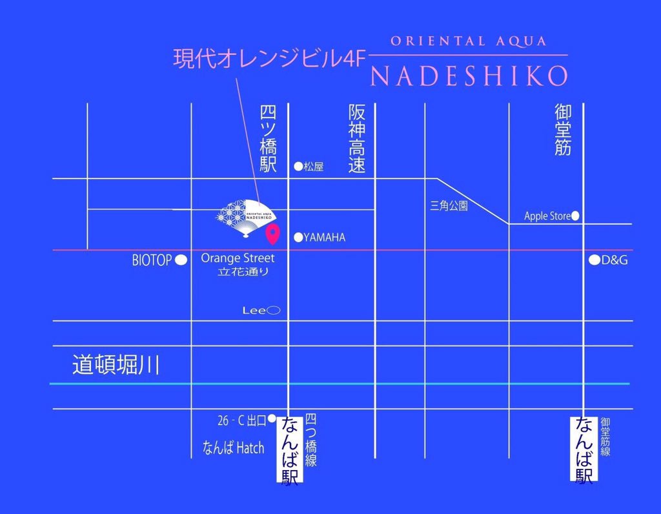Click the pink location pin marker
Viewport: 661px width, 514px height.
273,234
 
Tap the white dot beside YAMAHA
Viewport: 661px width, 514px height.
298,237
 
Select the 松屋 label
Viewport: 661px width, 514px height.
313,167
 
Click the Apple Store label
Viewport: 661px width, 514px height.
547,216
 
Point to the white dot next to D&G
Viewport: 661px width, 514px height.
595,261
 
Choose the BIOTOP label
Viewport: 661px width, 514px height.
152,260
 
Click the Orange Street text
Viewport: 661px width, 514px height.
238,258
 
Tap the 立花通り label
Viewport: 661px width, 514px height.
244,272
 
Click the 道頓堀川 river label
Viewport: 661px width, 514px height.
116,365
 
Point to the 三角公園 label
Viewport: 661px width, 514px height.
449,207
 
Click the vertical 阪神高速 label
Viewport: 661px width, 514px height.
357,139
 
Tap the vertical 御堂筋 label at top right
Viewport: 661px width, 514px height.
563,130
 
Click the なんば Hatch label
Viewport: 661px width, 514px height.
233,447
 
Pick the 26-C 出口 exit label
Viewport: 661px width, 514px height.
241,421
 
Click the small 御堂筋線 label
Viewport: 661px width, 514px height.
605,437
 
